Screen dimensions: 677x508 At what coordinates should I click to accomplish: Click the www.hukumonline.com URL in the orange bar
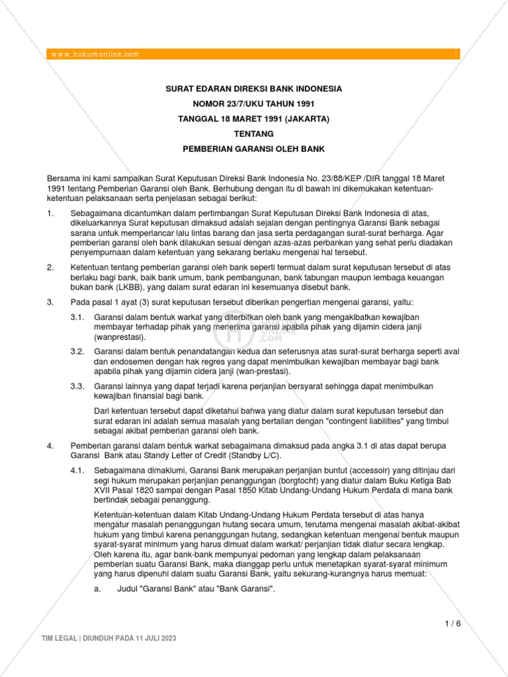95,54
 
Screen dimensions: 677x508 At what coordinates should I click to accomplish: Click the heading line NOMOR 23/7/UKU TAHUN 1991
253,104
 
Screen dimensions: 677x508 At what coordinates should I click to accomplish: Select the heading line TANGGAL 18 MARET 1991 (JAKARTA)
253,119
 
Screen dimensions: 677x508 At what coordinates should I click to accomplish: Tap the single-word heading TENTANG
253,134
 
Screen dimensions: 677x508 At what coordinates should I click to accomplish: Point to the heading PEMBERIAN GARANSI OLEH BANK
253,149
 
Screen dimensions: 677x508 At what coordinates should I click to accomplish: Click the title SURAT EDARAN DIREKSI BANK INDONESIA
253,89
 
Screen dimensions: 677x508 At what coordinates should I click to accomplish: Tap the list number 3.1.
77,318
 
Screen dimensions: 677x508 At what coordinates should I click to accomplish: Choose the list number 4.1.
77,470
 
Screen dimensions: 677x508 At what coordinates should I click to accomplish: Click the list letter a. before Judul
98,588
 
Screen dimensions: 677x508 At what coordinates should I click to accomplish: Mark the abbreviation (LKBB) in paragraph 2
114,287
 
